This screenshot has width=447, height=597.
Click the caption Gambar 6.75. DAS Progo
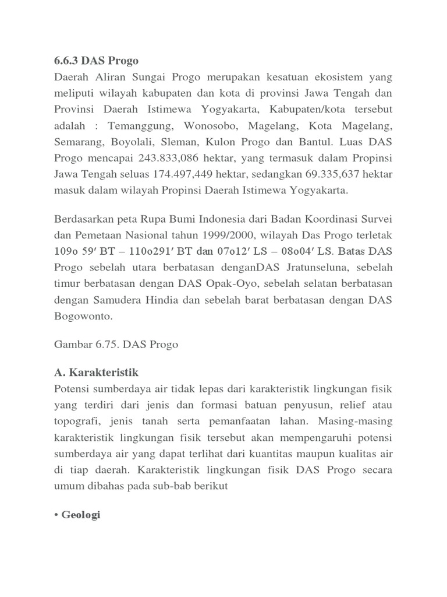[x=116, y=344]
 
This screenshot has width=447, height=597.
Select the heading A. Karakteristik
[x=96, y=372]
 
